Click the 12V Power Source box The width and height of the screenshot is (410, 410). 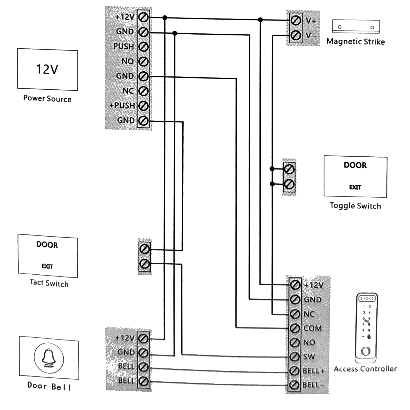[47, 70]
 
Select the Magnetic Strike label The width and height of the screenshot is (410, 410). [356, 42]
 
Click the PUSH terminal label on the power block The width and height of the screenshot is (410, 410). [124, 47]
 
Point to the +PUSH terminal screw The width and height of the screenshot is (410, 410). [143, 106]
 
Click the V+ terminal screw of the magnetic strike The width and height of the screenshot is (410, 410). [295, 20]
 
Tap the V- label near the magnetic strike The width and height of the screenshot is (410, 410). [311, 36]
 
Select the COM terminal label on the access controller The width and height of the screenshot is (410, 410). [312, 328]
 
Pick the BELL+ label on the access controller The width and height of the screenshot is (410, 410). [314, 371]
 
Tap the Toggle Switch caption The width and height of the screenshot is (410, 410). [355, 206]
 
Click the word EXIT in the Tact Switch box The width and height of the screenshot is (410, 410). [47, 266]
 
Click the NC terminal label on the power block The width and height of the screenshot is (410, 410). [128, 91]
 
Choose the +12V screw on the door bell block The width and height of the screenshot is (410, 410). [143, 339]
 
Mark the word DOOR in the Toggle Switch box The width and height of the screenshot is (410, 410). [355, 165]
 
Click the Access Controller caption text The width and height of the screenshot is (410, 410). [365, 369]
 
